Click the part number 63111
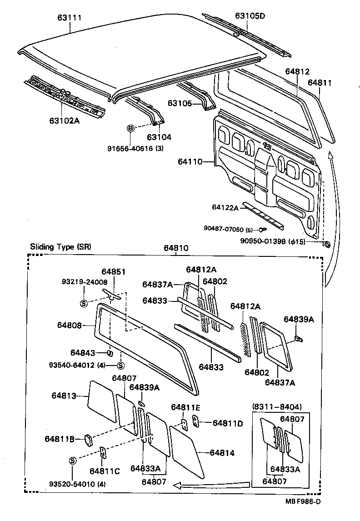(x=69, y=18)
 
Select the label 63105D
(x=250, y=15)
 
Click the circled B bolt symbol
(x=130, y=129)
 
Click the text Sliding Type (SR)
(x=60, y=247)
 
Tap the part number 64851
(x=113, y=271)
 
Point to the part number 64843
(x=83, y=352)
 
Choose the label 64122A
(x=225, y=207)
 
